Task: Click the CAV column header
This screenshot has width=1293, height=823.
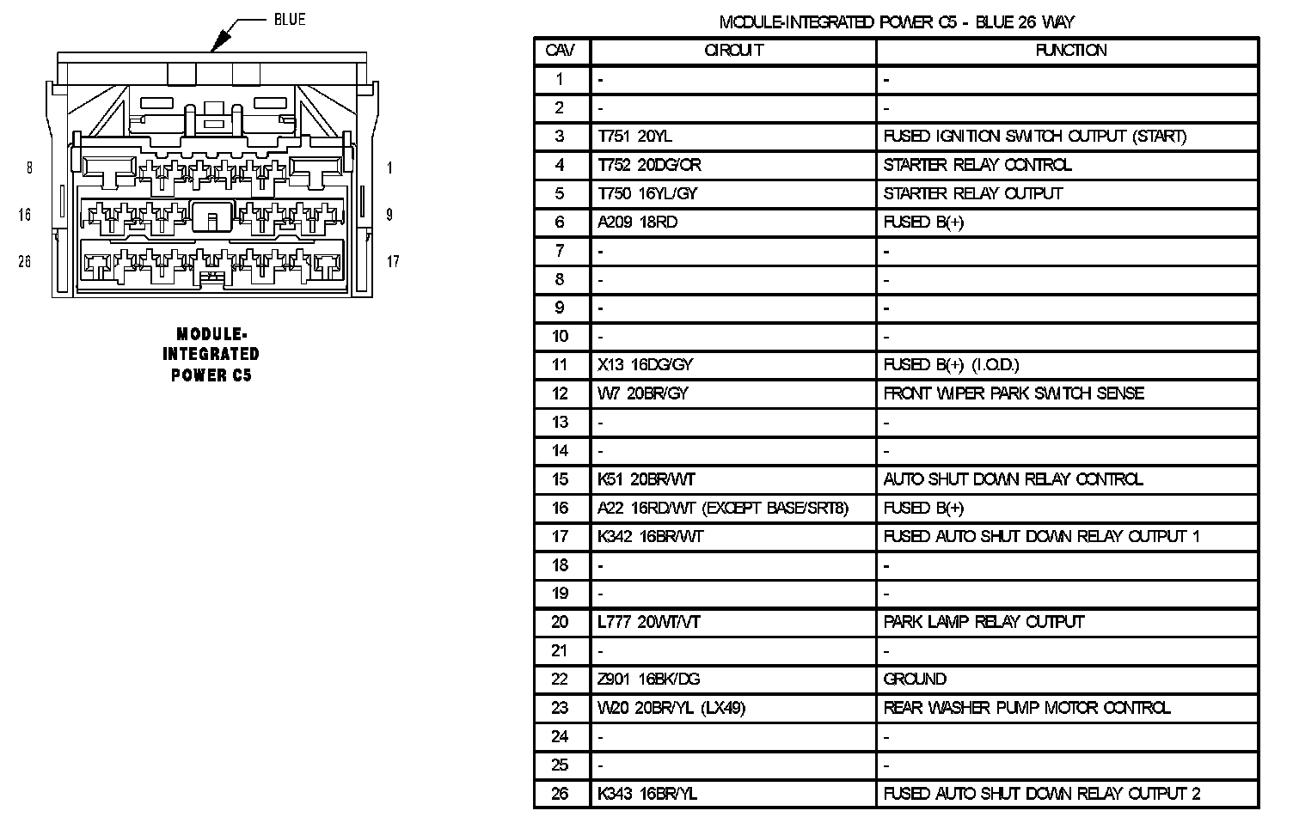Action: point(560,51)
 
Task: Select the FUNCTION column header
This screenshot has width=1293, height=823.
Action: point(1070,51)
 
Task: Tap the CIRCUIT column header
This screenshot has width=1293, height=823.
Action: point(733,51)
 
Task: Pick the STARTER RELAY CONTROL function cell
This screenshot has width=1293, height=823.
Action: point(977,165)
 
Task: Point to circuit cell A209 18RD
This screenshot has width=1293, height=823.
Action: point(637,223)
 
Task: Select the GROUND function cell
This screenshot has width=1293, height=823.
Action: point(915,680)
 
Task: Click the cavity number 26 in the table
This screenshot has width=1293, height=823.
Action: point(560,794)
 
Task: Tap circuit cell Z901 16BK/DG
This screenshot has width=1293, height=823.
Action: point(648,680)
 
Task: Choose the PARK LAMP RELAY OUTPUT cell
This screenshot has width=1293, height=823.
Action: point(984,622)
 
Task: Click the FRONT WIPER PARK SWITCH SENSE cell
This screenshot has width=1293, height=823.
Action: point(1014,393)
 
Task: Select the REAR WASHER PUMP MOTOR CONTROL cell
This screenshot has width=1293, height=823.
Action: point(1026,708)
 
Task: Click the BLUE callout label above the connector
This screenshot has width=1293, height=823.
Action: point(289,19)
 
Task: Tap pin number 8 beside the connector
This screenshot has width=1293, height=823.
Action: point(29,168)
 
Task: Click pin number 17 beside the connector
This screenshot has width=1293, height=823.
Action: point(392,261)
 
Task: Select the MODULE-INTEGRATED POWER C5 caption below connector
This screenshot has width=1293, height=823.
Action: point(211,354)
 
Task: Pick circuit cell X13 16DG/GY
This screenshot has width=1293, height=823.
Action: point(645,365)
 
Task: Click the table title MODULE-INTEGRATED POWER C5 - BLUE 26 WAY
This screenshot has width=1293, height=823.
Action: point(896,22)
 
